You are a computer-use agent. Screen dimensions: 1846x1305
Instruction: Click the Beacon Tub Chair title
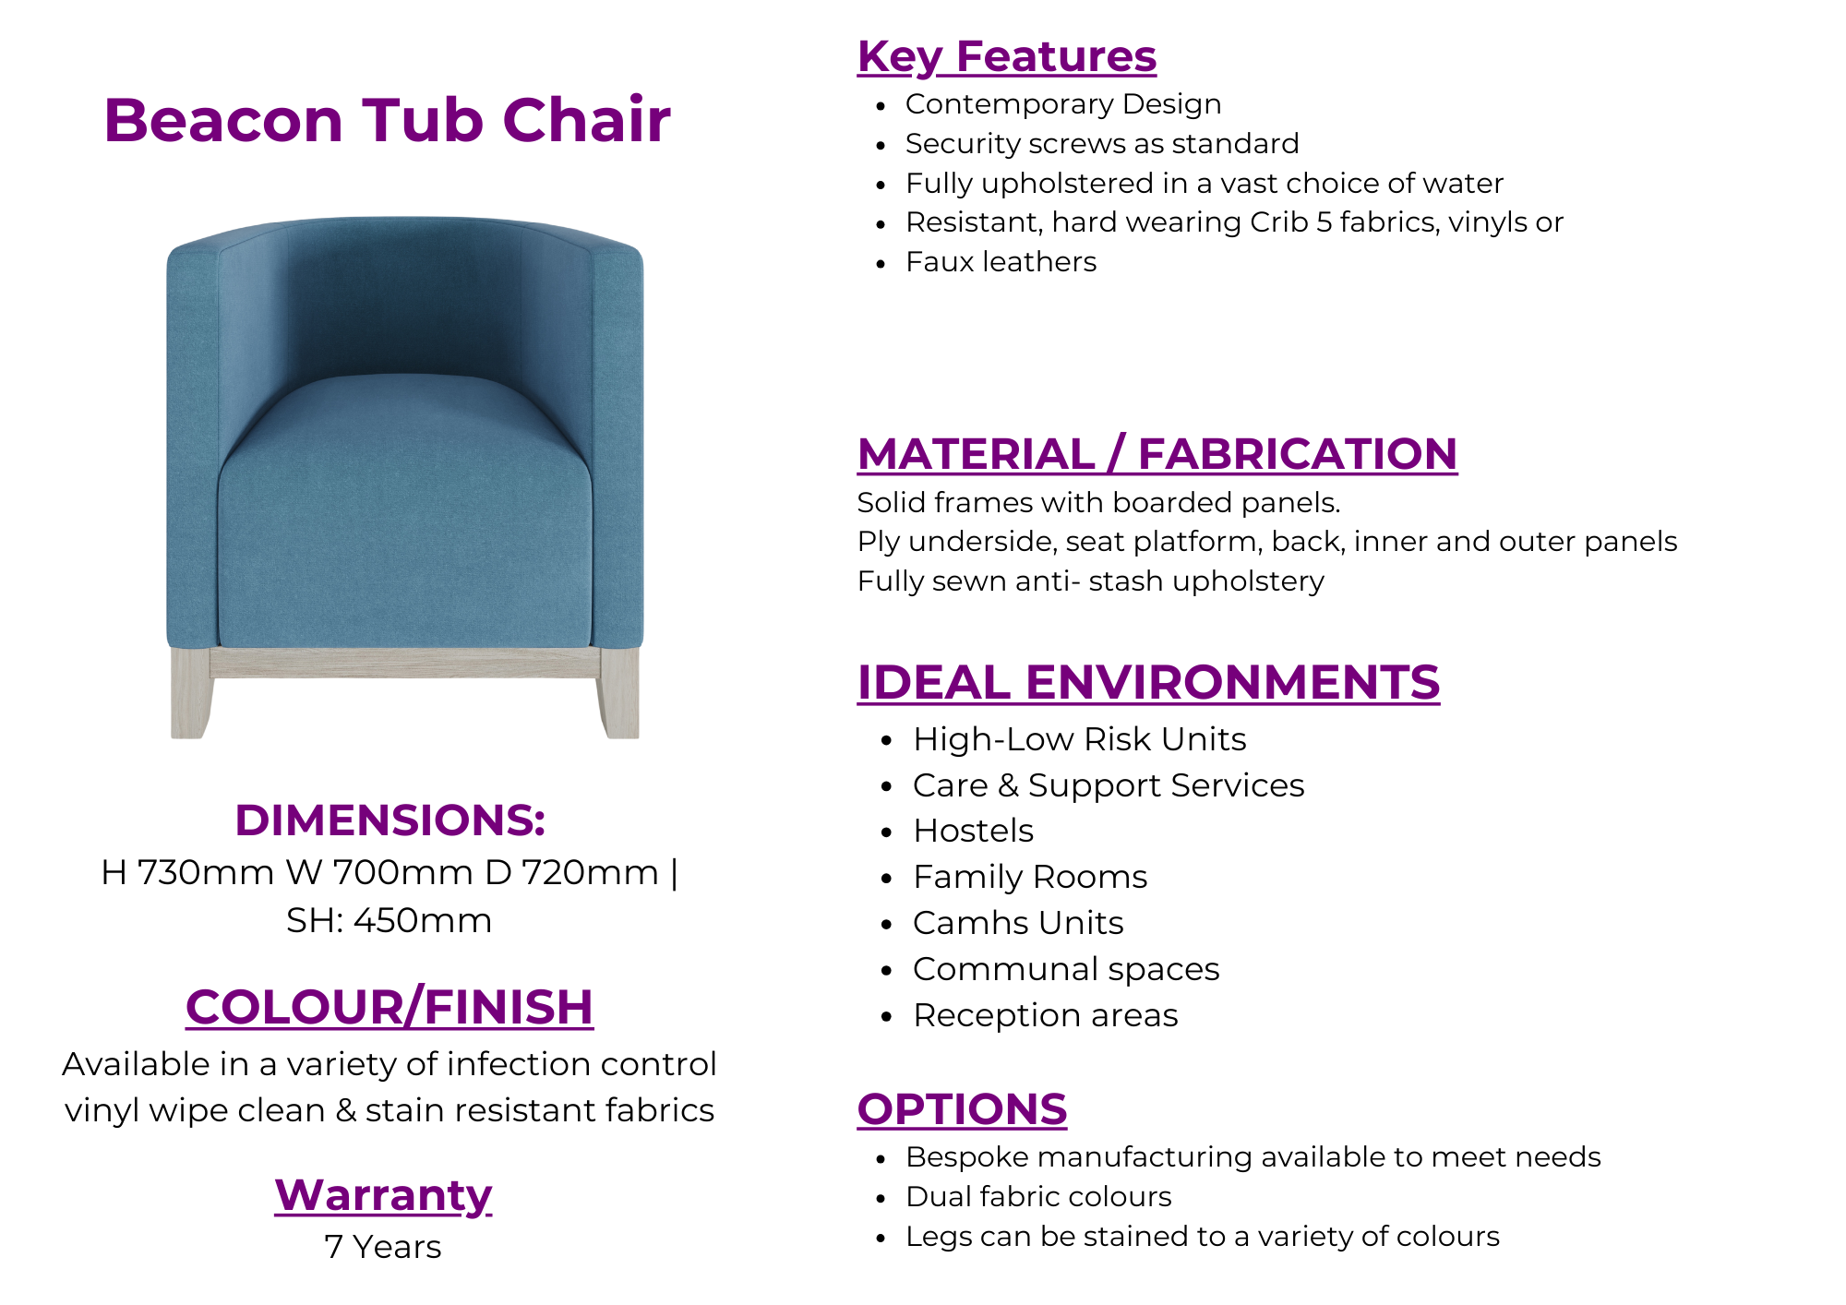pyautogui.click(x=387, y=121)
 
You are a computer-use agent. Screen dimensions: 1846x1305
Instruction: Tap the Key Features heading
pyautogui.click(x=1006, y=57)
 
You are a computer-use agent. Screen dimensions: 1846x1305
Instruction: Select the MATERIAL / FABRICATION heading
pyautogui.click(x=1157, y=454)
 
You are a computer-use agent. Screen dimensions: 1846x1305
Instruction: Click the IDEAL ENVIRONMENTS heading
pyautogui.click(x=1148, y=683)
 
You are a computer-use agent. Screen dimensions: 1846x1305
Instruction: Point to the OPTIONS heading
pyautogui.click(x=962, y=1109)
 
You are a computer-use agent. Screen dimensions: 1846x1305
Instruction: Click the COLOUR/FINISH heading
pyautogui.click(x=390, y=1007)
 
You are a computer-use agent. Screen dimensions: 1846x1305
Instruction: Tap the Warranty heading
pyautogui.click(x=383, y=1196)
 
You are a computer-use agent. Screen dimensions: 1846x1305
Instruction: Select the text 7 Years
pyautogui.click(x=383, y=1247)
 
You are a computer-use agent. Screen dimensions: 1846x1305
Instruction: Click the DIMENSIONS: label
pyautogui.click(x=390, y=820)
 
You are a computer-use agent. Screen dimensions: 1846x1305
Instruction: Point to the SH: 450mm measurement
pyautogui.click(x=390, y=921)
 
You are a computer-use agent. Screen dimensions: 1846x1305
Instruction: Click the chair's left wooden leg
pyautogui.click(x=190, y=692)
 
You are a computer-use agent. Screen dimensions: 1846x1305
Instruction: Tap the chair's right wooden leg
pyautogui.click(x=619, y=692)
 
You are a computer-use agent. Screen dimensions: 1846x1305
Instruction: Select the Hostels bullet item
pyautogui.click(x=973, y=831)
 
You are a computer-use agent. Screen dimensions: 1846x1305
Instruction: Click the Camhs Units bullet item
pyautogui.click(x=1018, y=923)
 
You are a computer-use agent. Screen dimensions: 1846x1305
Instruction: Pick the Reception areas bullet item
pyautogui.click(x=1046, y=1015)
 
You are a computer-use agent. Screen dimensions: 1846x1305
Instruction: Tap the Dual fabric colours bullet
pyautogui.click(x=1038, y=1197)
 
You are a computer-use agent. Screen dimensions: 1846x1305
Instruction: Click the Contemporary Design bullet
pyautogui.click(x=1063, y=105)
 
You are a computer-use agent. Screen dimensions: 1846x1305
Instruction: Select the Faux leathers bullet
pyautogui.click(x=1001, y=262)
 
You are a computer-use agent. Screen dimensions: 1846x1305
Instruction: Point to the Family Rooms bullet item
pyautogui.click(x=1030, y=877)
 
